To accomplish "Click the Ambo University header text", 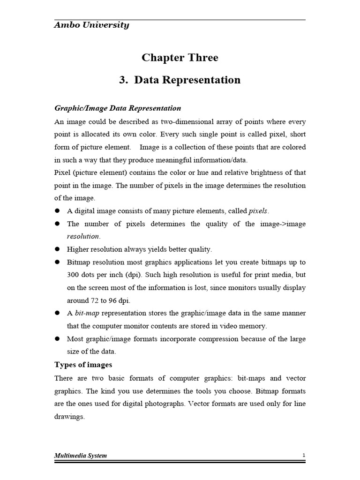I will [91, 25].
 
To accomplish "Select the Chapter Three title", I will [180, 58].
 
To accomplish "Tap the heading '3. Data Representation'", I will [180, 80].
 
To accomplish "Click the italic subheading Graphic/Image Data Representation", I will [118, 108].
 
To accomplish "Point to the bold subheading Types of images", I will [83, 365].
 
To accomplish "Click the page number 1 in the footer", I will [304, 456].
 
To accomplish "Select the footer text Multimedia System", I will [81, 456].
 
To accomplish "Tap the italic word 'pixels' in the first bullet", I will [258, 211].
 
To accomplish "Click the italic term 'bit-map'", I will [87, 313].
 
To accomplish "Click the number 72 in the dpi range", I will [96, 300].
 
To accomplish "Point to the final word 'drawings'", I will [69, 416].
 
